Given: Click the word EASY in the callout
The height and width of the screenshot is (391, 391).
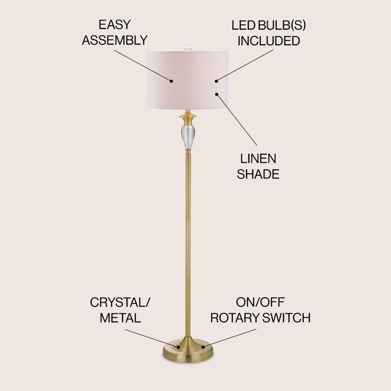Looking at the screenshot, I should (x=114, y=25).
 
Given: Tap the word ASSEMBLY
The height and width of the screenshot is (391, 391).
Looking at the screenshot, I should (x=114, y=40).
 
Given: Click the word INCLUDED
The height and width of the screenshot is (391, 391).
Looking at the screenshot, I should (x=269, y=41).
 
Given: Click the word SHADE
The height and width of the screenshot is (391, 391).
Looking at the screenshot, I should (x=258, y=174).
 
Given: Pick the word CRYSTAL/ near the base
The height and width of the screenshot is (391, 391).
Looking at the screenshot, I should (x=120, y=302).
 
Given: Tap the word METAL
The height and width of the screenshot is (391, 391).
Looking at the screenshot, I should (x=120, y=318).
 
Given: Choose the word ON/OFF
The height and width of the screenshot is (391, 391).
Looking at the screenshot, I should (x=260, y=302).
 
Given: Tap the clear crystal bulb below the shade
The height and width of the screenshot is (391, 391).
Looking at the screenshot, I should (x=188, y=135).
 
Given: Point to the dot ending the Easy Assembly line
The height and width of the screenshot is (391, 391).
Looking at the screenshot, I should (x=171, y=81).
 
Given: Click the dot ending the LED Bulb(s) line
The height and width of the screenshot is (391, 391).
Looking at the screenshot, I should (x=216, y=81).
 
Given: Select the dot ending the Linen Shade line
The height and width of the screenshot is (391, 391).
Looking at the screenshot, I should (x=216, y=94).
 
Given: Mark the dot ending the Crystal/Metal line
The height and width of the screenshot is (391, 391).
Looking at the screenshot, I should (x=178, y=346).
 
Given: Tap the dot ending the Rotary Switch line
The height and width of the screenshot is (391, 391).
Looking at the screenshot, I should (x=203, y=346).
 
